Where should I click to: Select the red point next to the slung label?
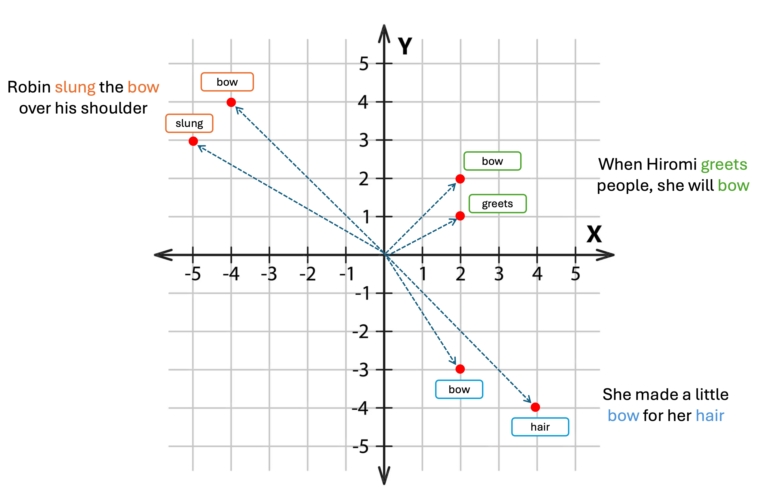(x=193, y=141)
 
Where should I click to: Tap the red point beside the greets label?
(x=460, y=216)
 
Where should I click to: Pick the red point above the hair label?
(x=535, y=407)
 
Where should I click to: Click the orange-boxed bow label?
(x=227, y=82)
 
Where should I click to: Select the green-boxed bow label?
(x=492, y=161)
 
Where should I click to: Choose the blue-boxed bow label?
(x=459, y=389)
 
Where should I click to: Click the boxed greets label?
(x=497, y=204)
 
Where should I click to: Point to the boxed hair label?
(x=540, y=427)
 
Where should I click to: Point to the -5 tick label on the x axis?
(x=193, y=274)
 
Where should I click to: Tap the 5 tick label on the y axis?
(x=364, y=64)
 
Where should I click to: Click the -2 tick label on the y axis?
(x=361, y=332)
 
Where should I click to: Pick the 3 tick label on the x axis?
(x=499, y=274)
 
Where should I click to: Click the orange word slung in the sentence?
(x=75, y=87)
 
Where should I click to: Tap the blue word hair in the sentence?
(x=710, y=416)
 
